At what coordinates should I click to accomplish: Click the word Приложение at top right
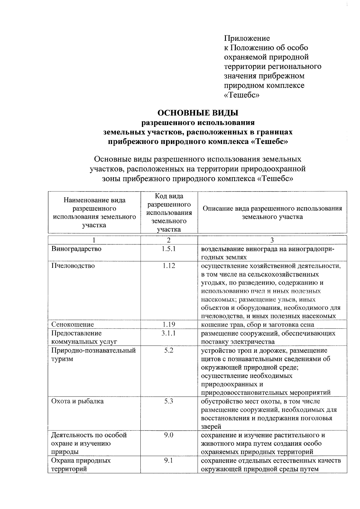[247, 38]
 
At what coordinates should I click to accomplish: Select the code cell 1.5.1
[169, 249]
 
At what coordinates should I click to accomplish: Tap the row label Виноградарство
[76, 249]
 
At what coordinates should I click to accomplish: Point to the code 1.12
[169, 266]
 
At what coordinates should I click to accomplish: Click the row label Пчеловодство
[73, 266]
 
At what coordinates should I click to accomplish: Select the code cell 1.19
[169, 325]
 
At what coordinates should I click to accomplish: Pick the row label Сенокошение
[72, 325]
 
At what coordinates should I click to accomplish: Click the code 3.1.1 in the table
[169, 333]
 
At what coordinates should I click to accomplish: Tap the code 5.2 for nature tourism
[169, 350]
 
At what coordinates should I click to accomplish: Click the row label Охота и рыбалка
[77, 401]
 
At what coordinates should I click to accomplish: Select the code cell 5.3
[169, 401]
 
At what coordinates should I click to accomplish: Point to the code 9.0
[169, 435]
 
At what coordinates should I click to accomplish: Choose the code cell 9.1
[169, 460]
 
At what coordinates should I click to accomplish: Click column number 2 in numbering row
[169, 240]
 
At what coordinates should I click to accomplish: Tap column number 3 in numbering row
[272, 240]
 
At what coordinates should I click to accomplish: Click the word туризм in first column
[62, 359]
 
